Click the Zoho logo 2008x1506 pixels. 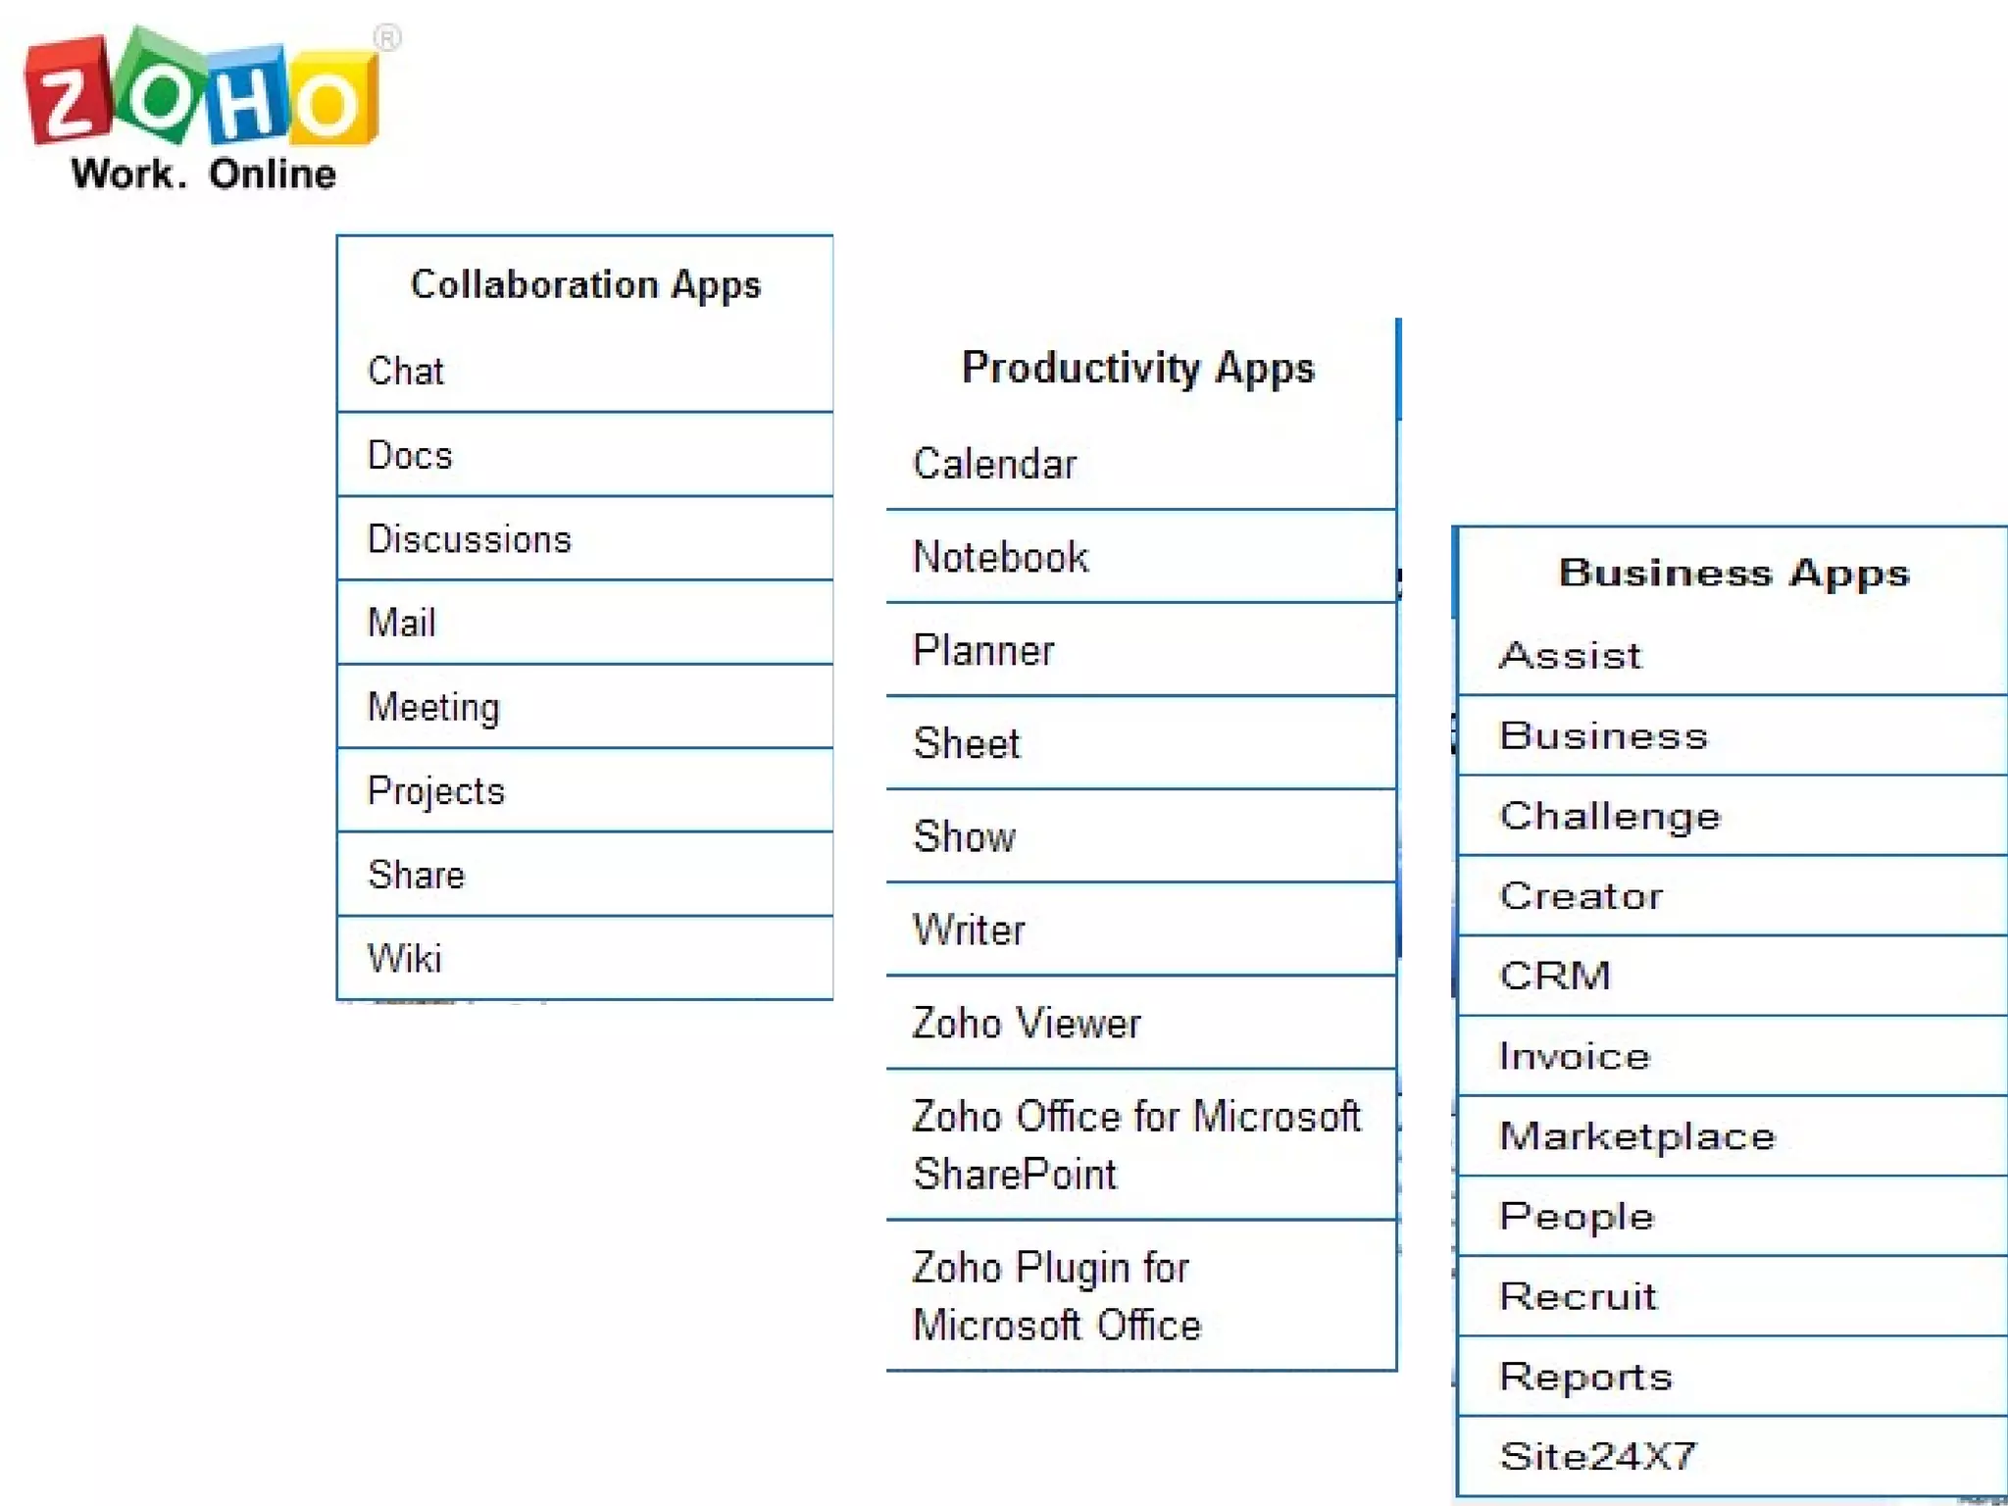[201, 93]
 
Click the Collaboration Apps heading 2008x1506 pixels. [585, 284]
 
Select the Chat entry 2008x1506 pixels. [406, 372]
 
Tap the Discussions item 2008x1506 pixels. [469, 539]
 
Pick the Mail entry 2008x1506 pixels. [401, 623]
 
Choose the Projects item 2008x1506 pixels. [435, 790]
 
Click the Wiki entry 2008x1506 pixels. [404, 958]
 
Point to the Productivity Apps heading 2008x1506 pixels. [1137, 368]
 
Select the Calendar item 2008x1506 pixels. [994, 464]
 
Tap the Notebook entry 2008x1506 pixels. [1000, 557]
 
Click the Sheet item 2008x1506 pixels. [967, 743]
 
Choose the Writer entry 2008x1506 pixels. [969, 929]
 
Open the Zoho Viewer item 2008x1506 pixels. [1027, 1023]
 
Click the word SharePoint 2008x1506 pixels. [1015, 1174]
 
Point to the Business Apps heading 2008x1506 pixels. [1733, 573]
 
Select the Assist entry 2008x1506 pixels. [1570, 655]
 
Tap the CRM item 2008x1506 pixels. [1555, 976]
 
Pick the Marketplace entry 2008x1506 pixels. [1637, 1135]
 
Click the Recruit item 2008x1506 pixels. [1578, 1296]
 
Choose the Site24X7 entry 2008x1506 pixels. [1597, 1456]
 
